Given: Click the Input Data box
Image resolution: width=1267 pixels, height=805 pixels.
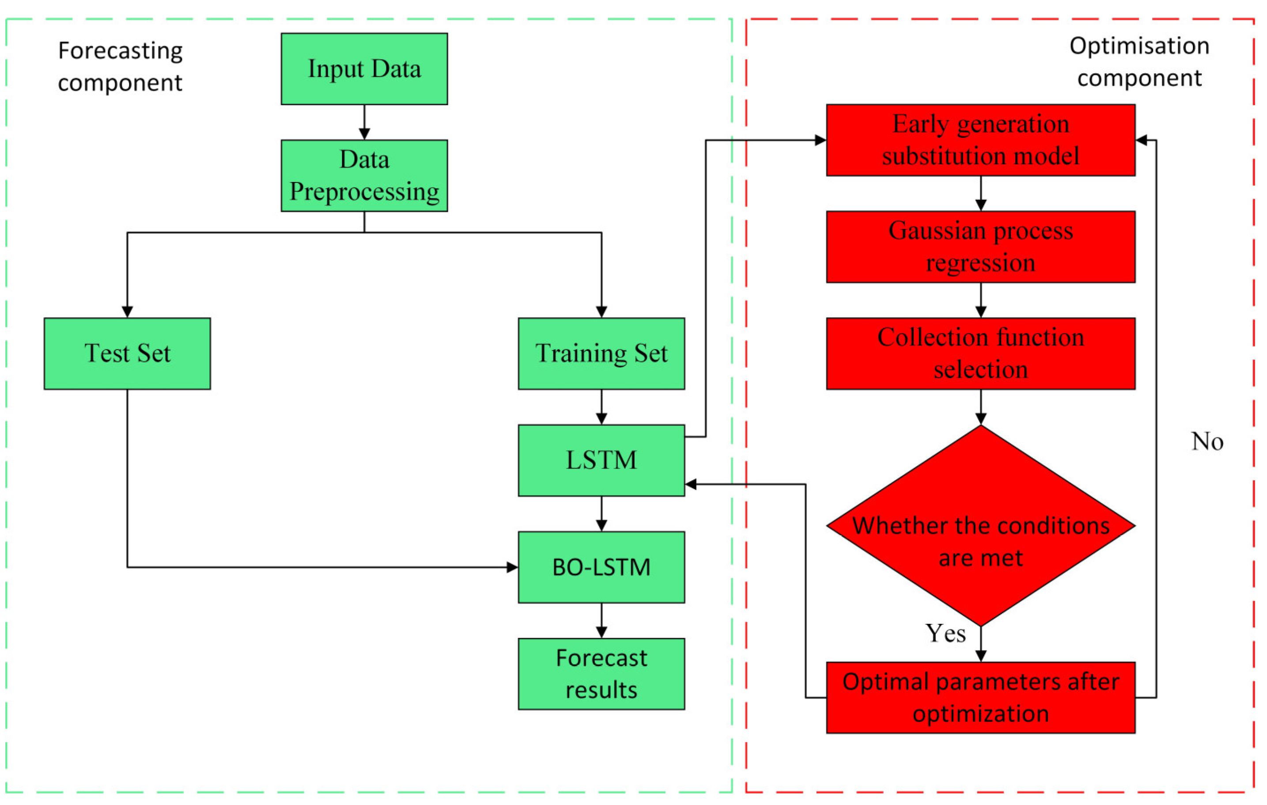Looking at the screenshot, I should pos(364,69).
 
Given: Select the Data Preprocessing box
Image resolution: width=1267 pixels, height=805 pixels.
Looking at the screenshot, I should pos(364,175).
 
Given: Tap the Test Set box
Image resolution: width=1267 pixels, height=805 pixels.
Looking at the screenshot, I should pos(127,353).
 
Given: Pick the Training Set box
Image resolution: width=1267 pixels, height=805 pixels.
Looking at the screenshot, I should pos(601,353).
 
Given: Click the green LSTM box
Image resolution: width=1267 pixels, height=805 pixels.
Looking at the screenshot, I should pos(601,460).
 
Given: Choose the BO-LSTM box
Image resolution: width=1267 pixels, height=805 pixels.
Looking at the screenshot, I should pos(601,567).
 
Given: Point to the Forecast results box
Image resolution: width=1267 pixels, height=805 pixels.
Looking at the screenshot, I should pos(601,674).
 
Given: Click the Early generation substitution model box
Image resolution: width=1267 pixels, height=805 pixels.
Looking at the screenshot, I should pos(980,140).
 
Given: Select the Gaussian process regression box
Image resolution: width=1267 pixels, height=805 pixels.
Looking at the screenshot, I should pos(980,247).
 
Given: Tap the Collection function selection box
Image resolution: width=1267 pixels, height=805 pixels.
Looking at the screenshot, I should pos(980,353).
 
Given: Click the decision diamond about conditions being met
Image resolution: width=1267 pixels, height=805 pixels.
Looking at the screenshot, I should pos(980,527).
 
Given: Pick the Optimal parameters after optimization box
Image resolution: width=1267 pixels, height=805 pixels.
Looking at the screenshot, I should pos(980,697).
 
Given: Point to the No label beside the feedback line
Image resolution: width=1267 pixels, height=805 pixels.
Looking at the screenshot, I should pos(1207,441).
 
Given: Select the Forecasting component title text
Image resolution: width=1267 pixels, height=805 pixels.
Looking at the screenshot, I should pos(120,66).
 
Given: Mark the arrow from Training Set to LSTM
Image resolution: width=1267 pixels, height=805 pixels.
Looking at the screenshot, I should pos(601,407).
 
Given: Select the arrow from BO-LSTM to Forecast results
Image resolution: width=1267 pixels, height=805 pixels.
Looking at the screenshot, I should pos(601,621).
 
